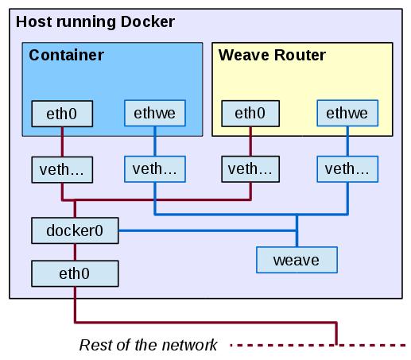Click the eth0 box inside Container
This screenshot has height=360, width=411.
[62, 114]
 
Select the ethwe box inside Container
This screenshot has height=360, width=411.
[155, 113]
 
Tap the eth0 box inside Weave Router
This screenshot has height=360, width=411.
[250, 114]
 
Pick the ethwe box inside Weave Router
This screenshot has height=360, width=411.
[347, 113]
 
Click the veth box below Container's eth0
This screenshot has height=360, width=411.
[62, 170]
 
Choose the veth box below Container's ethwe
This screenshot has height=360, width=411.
[155, 169]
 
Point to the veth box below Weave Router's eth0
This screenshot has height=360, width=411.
[250, 169]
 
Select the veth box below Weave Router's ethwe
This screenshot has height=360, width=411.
[347, 169]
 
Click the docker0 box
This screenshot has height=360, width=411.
[75, 230]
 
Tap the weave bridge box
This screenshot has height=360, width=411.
[297, 260]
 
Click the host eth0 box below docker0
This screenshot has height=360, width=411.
[75, 273]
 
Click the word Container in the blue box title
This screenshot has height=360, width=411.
[66, 55]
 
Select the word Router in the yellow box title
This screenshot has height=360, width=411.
[300, 55]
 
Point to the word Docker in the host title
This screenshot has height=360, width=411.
[148, 21]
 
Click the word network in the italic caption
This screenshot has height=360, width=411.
[189, 345]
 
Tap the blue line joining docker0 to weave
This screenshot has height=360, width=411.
[207, 230]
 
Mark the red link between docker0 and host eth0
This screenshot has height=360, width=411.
[75, 252]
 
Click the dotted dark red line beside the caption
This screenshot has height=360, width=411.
[318, 345]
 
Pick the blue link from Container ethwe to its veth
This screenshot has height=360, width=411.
[155, 141]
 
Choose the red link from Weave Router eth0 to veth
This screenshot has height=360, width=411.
[250, 141]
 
